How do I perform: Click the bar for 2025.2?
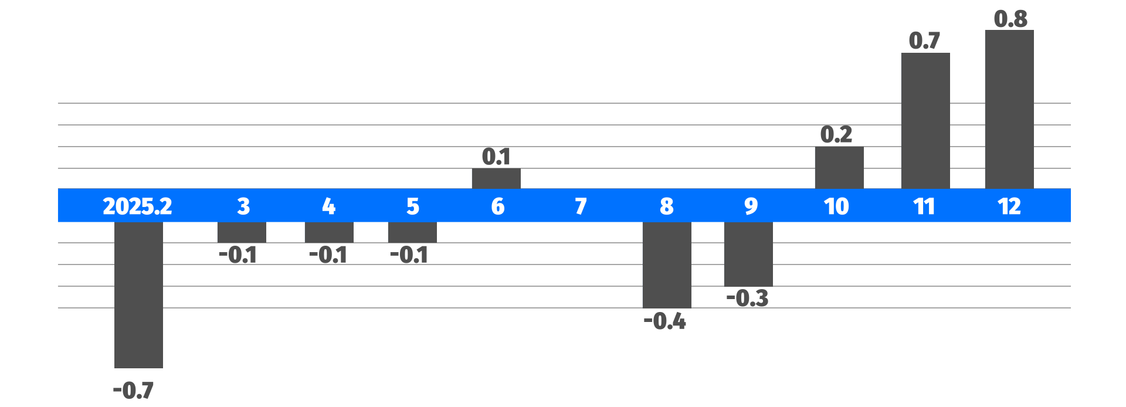138,295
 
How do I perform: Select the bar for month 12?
1009,110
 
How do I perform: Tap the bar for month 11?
925,121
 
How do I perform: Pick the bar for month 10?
839,168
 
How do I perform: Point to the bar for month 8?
667,264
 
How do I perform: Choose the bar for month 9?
748,254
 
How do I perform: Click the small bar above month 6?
496,178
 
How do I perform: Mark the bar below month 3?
242,232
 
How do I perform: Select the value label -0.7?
134,390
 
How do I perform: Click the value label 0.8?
1010,19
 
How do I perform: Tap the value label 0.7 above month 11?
924,40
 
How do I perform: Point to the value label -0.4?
665,321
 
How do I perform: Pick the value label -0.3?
748,298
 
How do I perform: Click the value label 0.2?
836,134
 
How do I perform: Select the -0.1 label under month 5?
409,255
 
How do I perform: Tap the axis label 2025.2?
137,206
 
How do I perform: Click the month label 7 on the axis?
581,206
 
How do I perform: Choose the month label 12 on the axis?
1009,206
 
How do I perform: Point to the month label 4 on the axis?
328,206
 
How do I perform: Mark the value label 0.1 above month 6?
496,157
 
